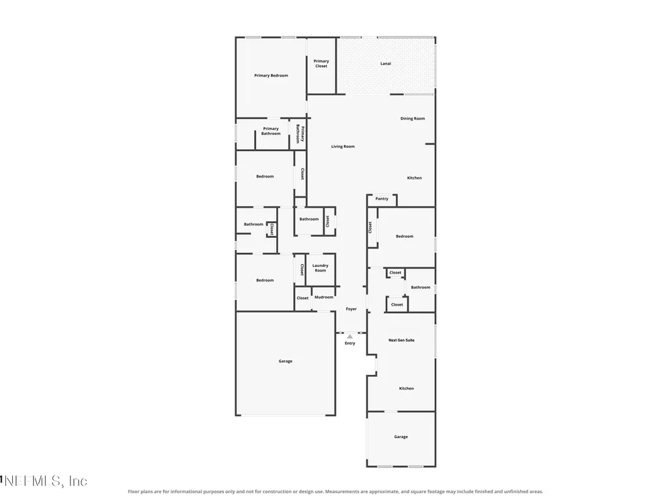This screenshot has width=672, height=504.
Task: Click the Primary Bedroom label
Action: click(271, 75)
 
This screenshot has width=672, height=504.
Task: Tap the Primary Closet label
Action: click(321, 63)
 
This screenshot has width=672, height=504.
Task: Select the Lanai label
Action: click(386, 63)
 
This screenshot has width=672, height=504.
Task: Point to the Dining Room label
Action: click(413, 118)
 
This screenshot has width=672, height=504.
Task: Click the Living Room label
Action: click(343, 146)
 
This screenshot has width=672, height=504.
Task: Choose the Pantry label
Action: click(382, 199)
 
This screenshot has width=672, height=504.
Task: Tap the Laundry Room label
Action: click(320, 268)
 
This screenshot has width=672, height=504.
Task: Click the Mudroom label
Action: click(324, 297)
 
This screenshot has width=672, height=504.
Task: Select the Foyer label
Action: click(351, 309)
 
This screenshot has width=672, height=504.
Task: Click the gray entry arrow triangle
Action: click(350, 337)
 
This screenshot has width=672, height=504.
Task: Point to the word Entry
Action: click(349, 343)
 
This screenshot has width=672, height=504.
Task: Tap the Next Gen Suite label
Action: click(402, 340)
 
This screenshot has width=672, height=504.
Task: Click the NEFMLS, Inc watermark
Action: click(44, 481)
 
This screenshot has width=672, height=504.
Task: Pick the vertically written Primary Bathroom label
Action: click(300, 134)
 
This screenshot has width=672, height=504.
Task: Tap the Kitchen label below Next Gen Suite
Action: click(407, 388)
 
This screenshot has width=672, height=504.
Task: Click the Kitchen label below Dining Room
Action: click(415, 178)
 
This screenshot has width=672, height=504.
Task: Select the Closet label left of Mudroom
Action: click(302, 298)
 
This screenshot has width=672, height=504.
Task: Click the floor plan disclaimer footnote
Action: click(335, 492)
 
